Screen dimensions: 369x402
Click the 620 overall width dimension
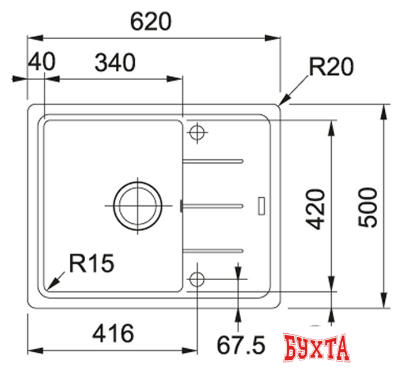point(151,21)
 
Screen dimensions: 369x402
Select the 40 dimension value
point(41,62)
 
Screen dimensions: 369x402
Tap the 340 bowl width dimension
point(114,62)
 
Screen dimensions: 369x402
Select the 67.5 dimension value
point(240,346)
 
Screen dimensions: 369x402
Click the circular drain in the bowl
point(138,206)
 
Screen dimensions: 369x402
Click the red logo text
point(317,348)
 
